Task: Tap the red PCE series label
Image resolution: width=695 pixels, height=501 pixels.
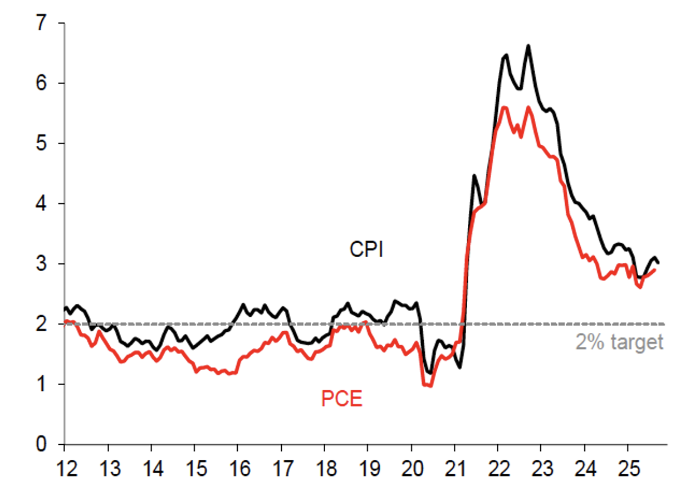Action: click(342, 399)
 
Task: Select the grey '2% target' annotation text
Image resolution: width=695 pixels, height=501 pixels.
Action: click(620, 342)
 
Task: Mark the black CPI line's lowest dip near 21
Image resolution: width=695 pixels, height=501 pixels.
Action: click(460, 367)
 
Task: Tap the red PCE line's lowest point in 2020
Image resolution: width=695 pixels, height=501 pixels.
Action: click(429, 385)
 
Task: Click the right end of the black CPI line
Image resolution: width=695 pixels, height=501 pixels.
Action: click(659, 262)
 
